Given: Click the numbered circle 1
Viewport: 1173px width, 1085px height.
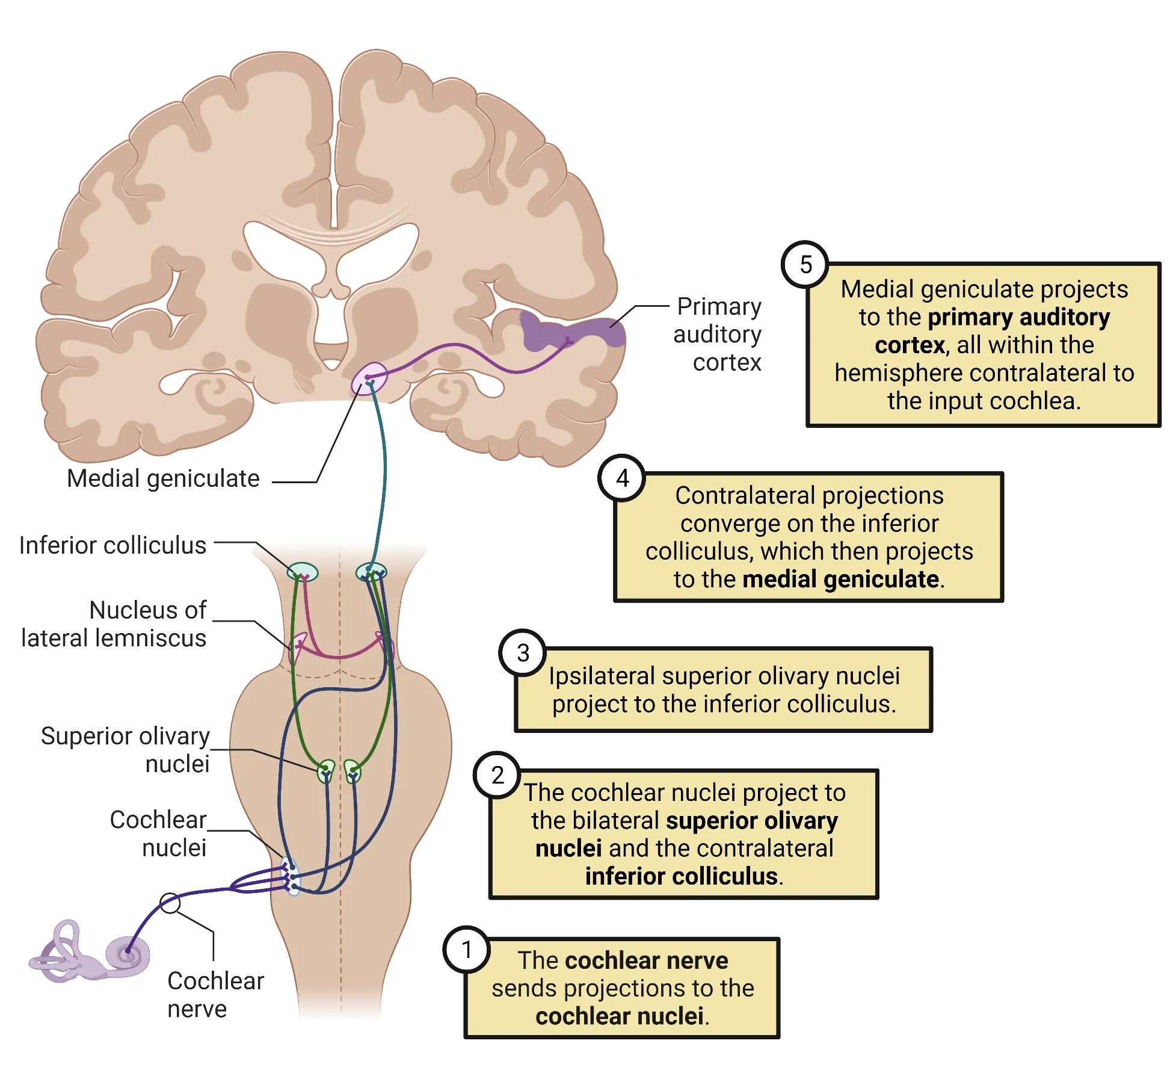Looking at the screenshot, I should (x=467, y=950).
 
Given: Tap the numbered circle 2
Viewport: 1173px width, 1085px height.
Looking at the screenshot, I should (x=497, y=775).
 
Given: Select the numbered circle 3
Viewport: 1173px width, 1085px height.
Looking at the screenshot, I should (x=523, y=653).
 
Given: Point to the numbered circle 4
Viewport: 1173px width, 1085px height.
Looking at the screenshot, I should (x=623, y=478).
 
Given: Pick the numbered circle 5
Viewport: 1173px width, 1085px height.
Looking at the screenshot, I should (x=805, y=265).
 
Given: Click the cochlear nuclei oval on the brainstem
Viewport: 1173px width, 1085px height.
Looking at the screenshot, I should (x=291, y=878).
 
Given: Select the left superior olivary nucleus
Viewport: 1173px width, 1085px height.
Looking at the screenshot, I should (x=325, y=771).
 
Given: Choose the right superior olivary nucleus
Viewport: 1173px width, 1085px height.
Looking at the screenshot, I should (x=353, y=771).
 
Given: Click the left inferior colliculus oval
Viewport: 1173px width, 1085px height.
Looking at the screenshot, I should (x=302, y=572).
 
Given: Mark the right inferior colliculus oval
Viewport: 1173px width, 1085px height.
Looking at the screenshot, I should (x=371, y=572).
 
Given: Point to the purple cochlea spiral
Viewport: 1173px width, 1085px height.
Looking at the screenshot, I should (x=127, y=954).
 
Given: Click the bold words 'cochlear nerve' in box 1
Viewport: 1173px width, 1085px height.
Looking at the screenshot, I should (x=646, y=960).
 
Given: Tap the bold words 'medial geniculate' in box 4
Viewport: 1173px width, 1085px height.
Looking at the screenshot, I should (x=840, y=579).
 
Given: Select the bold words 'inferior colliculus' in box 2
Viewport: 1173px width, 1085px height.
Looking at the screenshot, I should (x=681, y=876).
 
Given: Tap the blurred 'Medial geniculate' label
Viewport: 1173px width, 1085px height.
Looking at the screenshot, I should (x=164, y=480).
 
